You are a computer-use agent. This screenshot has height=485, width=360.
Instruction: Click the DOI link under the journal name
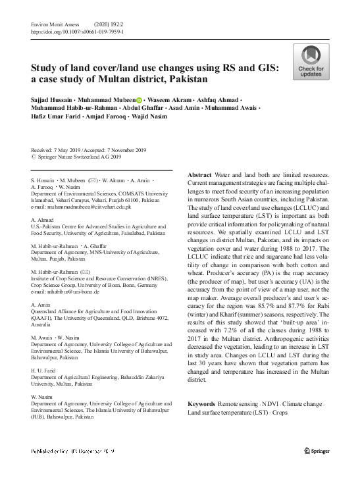(78, 31)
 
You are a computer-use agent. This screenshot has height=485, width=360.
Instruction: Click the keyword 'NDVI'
(259, 403)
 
